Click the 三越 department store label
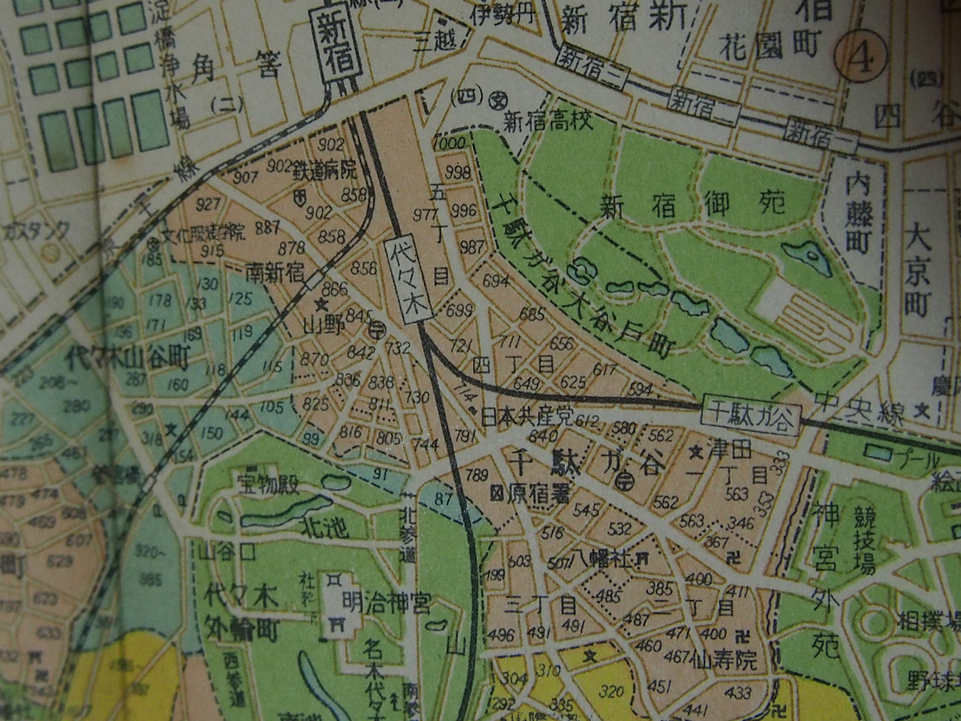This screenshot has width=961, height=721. [x=435, y=41]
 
